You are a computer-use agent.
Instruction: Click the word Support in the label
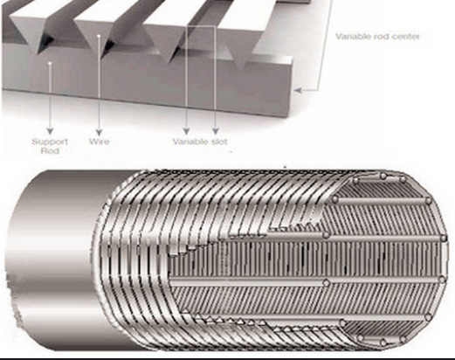pos(50,142)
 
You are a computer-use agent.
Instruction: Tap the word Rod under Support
pos(50,151)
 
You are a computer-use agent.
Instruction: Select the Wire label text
pos(100,142)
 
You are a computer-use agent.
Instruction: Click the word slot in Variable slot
pos(218,142)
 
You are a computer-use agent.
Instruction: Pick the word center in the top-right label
pos(405,37)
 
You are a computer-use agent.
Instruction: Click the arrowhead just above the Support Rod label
pos(50,131)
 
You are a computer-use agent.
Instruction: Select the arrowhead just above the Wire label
pos(100,131)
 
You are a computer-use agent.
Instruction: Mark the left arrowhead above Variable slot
pos(187,131)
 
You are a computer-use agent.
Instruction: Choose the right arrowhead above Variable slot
pos(215,131)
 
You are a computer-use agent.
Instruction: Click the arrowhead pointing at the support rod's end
pos(298,90)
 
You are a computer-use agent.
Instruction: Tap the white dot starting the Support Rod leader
pos(50,63)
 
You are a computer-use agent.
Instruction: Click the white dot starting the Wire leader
pos(99,36)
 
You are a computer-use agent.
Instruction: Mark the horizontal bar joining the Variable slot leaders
pos(201,26)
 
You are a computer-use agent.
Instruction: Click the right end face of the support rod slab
pos(290,87)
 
